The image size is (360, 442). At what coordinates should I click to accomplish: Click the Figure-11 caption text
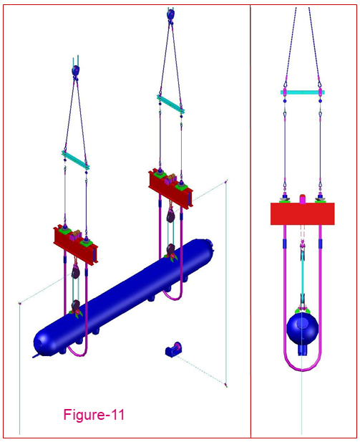94,414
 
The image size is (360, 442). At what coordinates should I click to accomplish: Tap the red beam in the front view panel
303,213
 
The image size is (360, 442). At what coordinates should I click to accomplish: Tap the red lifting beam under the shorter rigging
75,243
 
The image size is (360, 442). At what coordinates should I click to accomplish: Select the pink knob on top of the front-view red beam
303,197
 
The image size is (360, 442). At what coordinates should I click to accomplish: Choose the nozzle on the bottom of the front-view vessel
303,350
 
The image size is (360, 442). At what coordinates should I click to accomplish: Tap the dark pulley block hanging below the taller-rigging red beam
171,216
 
